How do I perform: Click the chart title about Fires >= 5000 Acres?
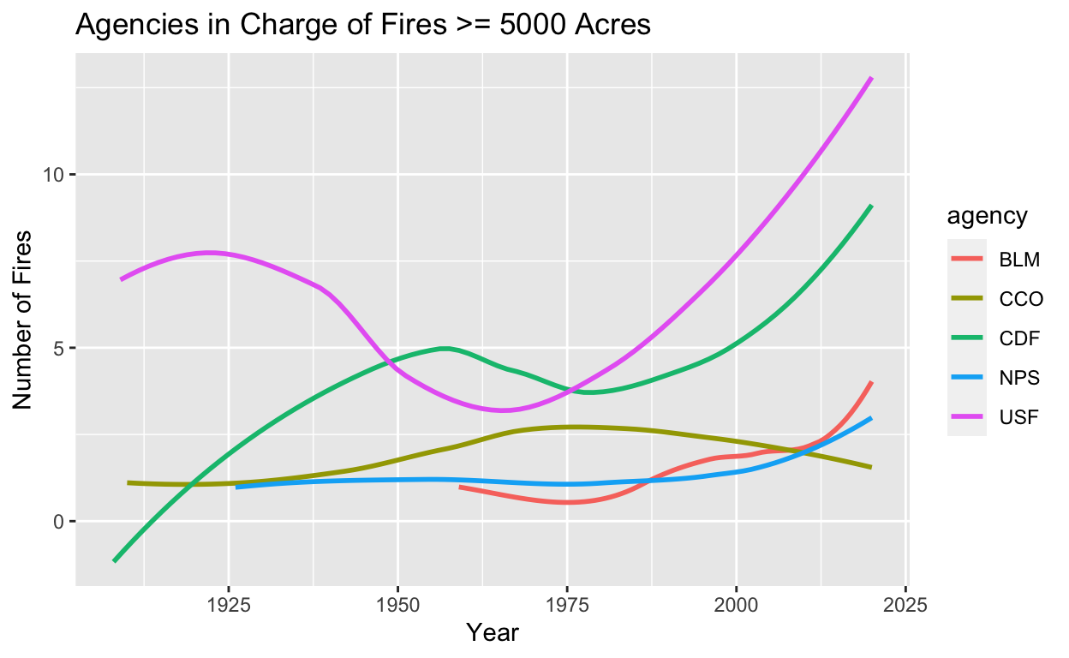point(363,26)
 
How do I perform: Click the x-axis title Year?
point(492,633)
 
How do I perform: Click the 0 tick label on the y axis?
point(59,522)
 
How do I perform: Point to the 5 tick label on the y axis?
point(59,349)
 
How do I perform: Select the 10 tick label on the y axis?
point(54,176)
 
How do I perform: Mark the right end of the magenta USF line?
point(871,78)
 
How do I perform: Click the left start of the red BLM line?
point(461,487)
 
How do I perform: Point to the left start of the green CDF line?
point(114,560)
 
